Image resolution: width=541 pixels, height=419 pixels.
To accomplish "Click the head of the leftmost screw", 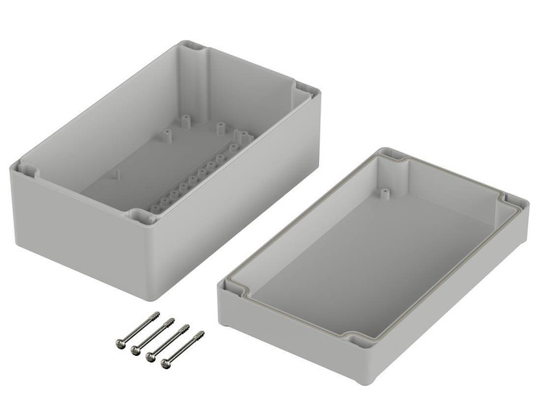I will tap(120, 345).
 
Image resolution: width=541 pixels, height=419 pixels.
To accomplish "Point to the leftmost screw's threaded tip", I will tap(157, 315).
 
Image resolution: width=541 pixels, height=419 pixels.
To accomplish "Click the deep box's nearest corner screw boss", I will tap(142, 216).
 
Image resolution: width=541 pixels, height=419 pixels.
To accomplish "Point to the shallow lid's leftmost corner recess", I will tap(233, 282).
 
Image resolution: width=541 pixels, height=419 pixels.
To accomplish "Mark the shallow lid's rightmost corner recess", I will tap(511, 202).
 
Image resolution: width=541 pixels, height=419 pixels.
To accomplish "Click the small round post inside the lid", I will tap(385, 193).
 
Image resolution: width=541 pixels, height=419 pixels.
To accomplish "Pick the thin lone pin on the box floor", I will tap(116, 173).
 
